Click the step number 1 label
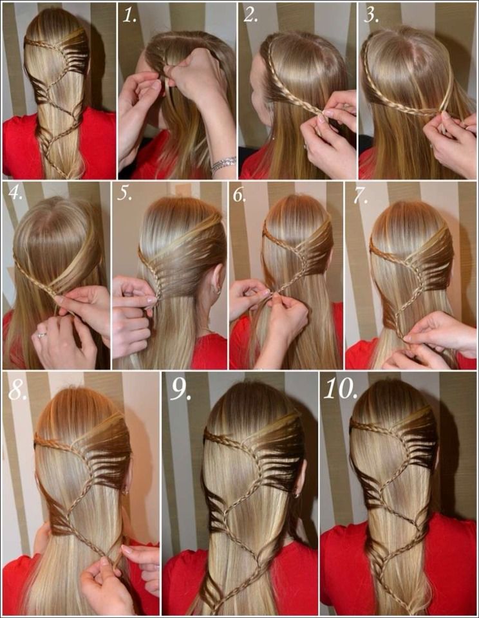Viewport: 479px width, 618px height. coord(129,15)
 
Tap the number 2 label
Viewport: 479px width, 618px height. coord(250,15)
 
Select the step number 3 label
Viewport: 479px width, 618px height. coord(371,15)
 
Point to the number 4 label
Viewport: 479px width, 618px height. coord(15,192)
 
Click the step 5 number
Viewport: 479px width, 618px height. coord(125,193)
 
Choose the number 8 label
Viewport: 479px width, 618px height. coord(18,389)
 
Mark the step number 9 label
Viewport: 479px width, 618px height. coord(181,390)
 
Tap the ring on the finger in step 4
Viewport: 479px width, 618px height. coord(41,335)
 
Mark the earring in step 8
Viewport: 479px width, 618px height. coord(126,491)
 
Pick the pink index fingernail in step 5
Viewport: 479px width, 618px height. coord(151,300)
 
